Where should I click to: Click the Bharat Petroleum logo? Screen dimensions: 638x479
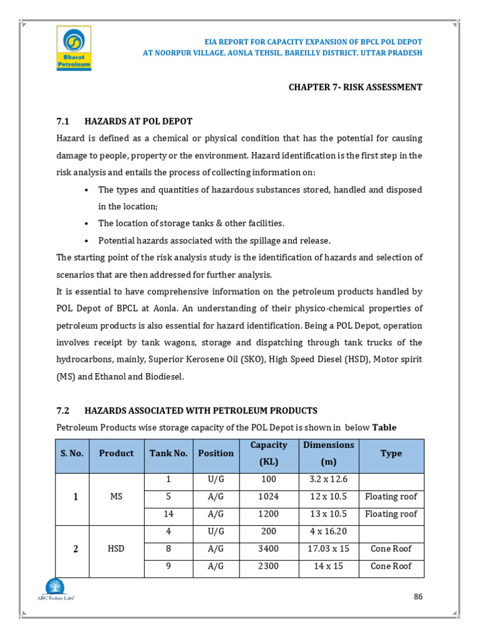(74, 48)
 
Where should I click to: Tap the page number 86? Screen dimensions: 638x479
(418, 596)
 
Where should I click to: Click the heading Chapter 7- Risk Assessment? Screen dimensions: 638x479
(355, 87)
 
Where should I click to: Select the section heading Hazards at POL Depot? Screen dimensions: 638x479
(138, 121)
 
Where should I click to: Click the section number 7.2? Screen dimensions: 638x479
(63, 411)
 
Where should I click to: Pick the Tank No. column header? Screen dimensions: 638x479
(168, 454)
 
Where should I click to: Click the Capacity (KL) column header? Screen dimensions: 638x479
(269, 454)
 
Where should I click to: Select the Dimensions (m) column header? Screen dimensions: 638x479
(328, 454)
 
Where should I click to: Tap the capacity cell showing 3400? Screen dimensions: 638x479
(269, 549)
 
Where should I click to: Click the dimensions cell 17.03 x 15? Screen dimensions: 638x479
(328, 549)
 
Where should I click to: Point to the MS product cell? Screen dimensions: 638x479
(116, 497)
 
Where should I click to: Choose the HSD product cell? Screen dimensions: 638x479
(116, 549)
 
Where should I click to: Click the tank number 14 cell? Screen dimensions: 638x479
(168, 514)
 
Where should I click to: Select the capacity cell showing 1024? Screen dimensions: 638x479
(269, 497)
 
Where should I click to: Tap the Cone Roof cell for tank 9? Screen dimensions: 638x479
(391, 566)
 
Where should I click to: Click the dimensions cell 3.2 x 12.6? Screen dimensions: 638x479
(328, 479)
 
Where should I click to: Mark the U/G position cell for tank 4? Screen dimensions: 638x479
(216, 531)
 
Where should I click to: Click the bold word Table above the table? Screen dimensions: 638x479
(384, 427)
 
